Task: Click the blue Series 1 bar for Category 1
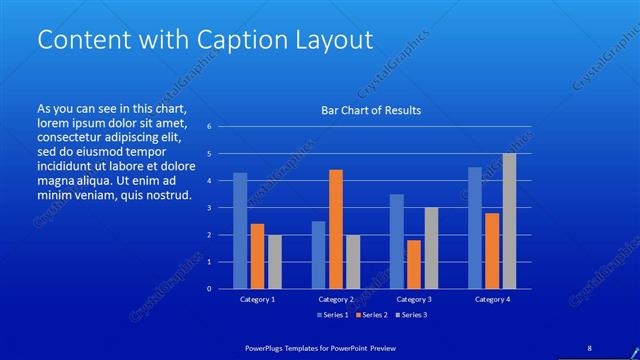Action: coord(240,231)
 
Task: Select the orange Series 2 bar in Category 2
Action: coord(335,229)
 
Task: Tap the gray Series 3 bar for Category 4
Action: coord(509,221)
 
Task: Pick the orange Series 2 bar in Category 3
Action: coord(413,264)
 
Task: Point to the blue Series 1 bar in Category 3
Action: coord(396,241)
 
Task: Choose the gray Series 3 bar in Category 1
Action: coord(274,262)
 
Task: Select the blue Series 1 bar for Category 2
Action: coord(318,255)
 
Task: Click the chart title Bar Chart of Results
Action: coord(370,110)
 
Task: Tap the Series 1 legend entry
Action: coord(333,316)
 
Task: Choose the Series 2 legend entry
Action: coord(371,316)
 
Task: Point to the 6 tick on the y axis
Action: coord(210,127)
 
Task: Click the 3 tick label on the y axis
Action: coord(210,208)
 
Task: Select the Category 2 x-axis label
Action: coord(336,299)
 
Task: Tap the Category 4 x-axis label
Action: coord(492,299)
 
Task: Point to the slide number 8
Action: coord(589,347)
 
